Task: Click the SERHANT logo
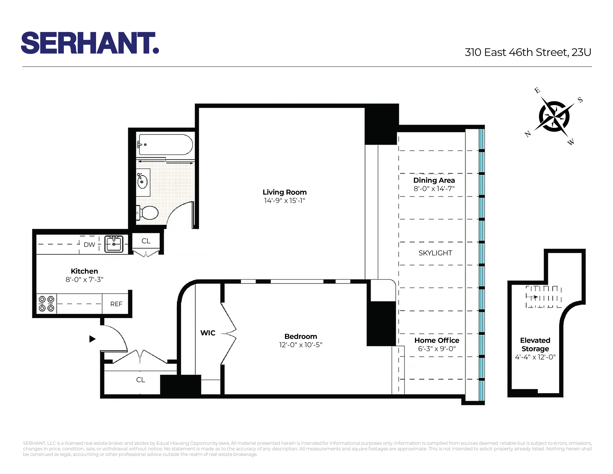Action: click(90, 43)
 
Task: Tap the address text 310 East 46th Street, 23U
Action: click(528, 52)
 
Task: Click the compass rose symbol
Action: click(554, 116)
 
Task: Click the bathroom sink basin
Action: click(142, 182)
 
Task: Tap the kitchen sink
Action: click(114, 244)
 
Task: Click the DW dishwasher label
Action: click(89, 245)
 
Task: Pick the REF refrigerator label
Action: click(116, 304)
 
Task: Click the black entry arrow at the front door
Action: click(92, 339)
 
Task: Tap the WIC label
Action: click(208, 333)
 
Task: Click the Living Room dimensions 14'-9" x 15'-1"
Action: click(284, 201)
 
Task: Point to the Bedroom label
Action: click(301, 336)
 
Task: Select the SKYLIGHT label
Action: click(435, 253)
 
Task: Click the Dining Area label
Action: click(434, 180)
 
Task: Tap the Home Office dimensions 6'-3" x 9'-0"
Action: click(437, 349)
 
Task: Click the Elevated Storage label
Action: click(535, 345)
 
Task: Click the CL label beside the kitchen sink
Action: click(146, 241)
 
